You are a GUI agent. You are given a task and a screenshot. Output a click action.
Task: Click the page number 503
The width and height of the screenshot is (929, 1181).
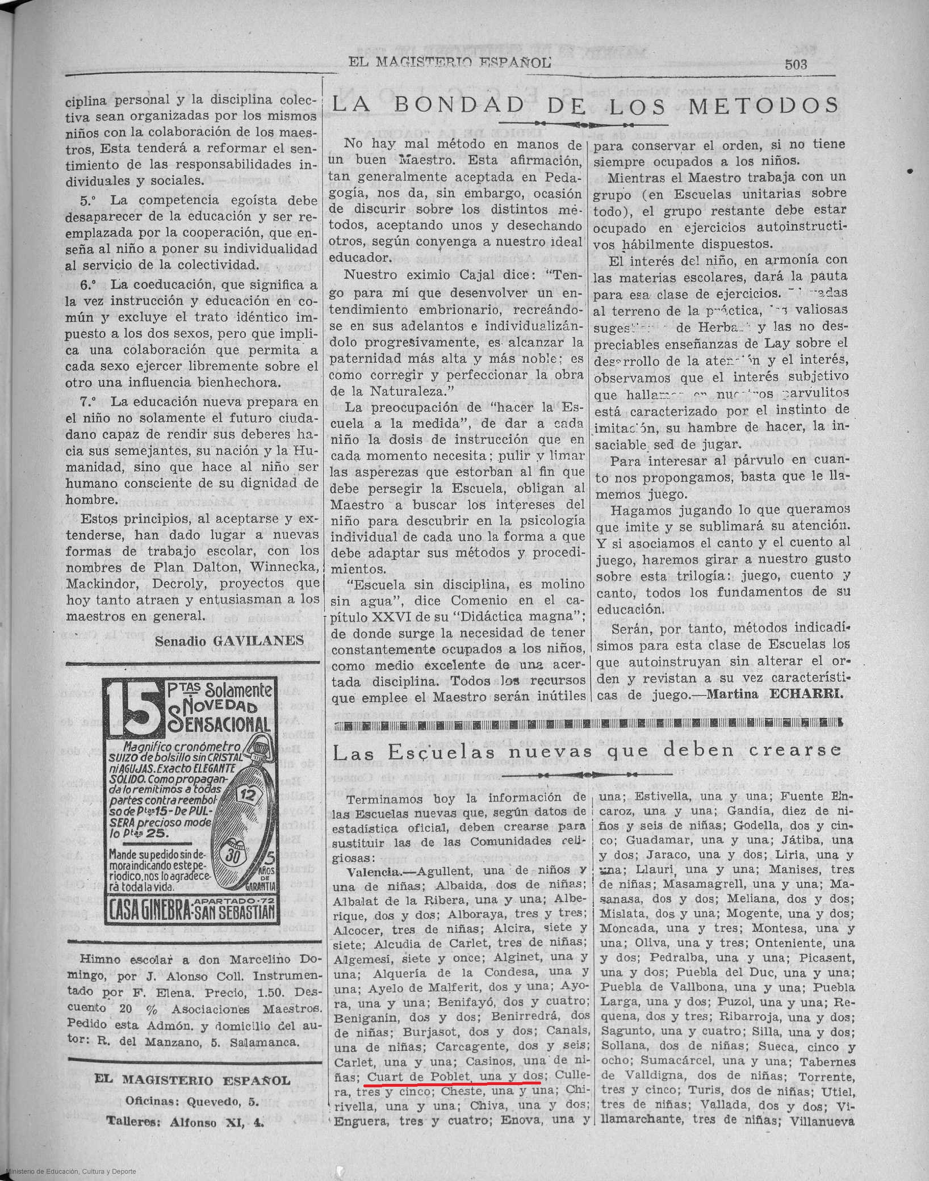(x=796, y=64)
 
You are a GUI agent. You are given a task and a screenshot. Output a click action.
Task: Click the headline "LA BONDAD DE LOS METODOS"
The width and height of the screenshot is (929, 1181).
(x=584, y=105)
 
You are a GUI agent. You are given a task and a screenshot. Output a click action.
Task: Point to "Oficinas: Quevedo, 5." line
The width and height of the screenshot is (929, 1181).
(x=193, y=1102)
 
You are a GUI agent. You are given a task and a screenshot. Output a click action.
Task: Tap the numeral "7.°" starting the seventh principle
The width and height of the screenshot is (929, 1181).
(x=90, y=401)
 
